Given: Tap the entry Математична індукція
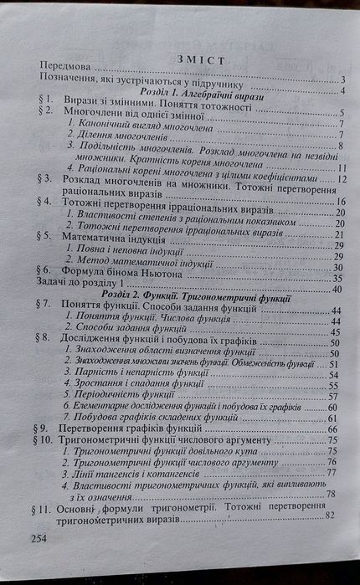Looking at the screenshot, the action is coord(125,235).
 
